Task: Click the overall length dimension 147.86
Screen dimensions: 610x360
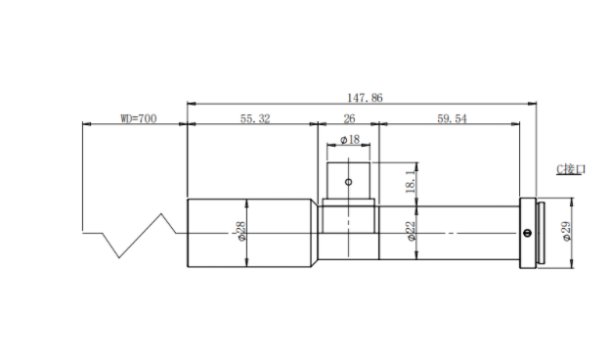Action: coord(365,97)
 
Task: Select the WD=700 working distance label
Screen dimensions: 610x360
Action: coord(139,118)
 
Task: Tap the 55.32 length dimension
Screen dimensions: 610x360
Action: coord(255,118)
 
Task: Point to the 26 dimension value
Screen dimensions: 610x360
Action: coord(349,118)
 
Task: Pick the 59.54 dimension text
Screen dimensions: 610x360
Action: coord(452,118)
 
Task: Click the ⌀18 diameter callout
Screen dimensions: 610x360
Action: coord(350,139)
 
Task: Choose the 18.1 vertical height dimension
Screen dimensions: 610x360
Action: coord(411,181)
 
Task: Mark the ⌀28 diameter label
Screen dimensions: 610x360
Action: coord(241,231)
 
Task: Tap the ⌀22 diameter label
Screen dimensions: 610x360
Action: coord(412,231)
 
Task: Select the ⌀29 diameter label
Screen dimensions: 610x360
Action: coord(567,231)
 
